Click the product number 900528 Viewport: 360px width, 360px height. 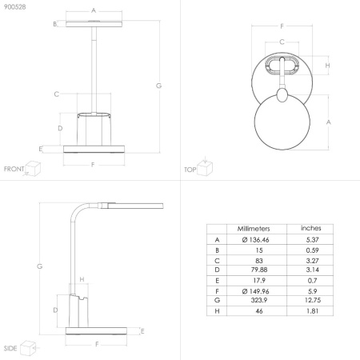pos(15,7)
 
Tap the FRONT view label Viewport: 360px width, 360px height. pos(14,169)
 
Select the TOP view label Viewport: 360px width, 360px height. pos(190,170)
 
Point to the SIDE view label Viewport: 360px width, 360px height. pos(10,348)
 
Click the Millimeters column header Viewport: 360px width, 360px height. pos(254,229)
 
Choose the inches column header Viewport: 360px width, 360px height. pos(311,228)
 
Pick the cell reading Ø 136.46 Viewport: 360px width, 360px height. pos(255,240)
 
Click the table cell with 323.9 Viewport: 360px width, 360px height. pos(259,300)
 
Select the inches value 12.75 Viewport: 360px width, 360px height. pos(313,300)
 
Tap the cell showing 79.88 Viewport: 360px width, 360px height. pos(259,270)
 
